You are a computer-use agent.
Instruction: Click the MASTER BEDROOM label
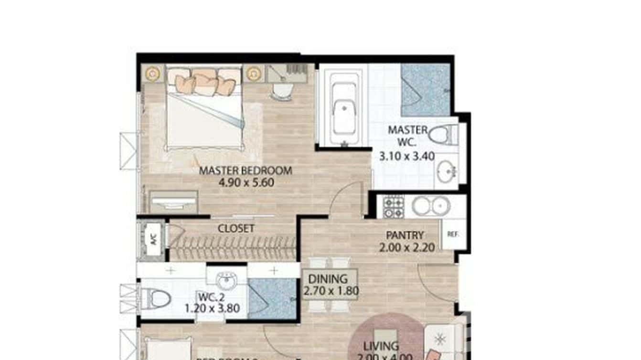245,170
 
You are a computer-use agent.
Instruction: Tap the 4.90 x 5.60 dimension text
246,182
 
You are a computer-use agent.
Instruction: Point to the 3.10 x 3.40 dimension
407,155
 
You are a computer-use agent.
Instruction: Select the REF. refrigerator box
453,234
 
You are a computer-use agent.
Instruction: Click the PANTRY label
405,235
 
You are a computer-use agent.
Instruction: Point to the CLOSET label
236,229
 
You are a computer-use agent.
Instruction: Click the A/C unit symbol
153,240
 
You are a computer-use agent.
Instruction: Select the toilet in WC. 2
158,299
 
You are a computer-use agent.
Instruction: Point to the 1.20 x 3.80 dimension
212,308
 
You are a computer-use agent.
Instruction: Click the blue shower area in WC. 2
273,298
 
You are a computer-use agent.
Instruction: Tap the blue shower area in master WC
425,90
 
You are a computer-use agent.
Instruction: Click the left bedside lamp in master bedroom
152,74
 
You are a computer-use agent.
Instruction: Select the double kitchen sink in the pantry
431,206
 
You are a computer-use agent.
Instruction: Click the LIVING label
380,346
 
